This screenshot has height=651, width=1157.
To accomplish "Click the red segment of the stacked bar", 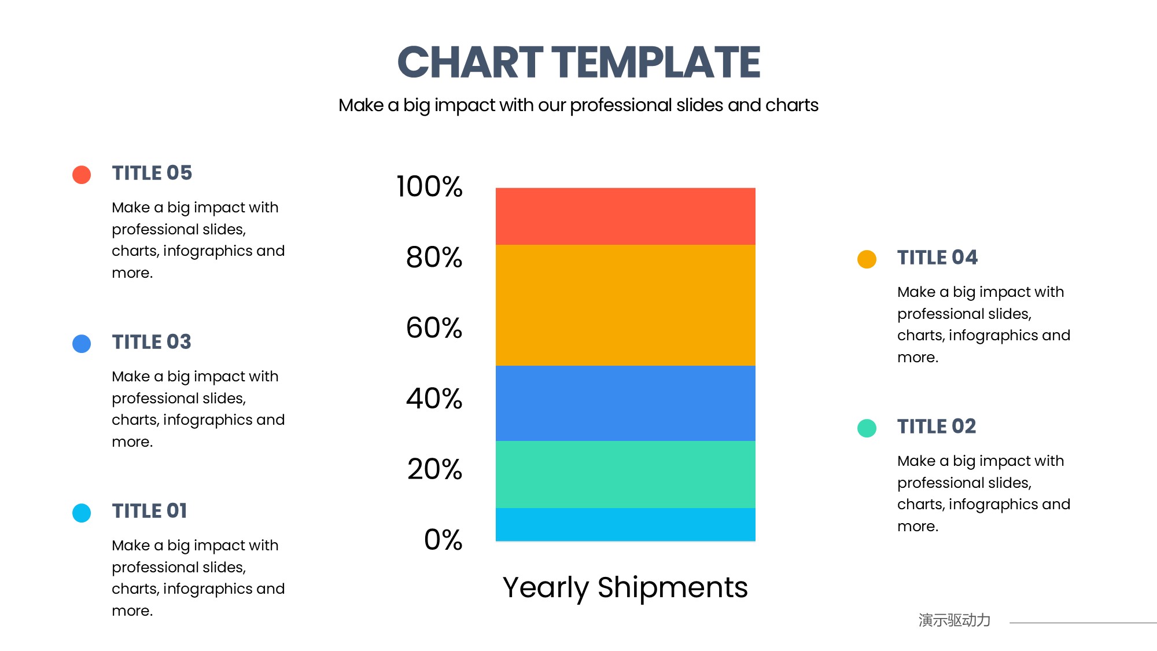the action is pyautogui.click(x=625, y=216).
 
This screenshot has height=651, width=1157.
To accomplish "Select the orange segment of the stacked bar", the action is pyautogui.click(x=625, y=305).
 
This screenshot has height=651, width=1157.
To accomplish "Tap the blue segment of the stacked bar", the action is pyautogui.click(x=625, y=403).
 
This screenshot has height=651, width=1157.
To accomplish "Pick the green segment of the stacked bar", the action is pyautogui.click(x=625, y=475).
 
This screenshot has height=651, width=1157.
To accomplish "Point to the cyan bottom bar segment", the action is pyautogui.click(x=625, y=524).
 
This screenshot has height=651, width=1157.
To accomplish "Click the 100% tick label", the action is pyautogui.click(x=429, y=186).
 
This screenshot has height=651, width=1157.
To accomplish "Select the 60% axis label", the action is pyautogui.click(x=434, y=328).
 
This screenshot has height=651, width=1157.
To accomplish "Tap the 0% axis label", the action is pyautogui.click(x=443, y=539).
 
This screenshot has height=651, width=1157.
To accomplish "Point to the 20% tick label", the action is pyautogui.click(x=434, y=469).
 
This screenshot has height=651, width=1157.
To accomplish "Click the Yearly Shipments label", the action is pyautogui.click(x=625, y=588).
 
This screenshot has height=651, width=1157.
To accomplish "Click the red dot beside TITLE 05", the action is pyautogui.click(x=82, y=174).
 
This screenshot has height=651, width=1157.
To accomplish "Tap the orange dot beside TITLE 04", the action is pyautogui.click(x=867, y=259).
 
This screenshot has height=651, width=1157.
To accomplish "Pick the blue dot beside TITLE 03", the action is pyautogui.click(x=82, y=344).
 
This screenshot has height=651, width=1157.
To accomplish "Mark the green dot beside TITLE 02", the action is pyautogui.click(x=867, y=428).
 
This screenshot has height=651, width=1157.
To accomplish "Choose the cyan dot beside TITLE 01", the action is pyautogui.click(x=82, y=513).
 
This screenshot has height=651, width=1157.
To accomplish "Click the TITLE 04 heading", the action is pyautogui.click(x=937, y=258).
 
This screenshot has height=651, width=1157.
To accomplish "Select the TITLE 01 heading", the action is pyautogui.click(x=149, y=511).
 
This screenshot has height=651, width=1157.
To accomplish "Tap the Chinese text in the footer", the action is pyautogui.click(x=955, y=620).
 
